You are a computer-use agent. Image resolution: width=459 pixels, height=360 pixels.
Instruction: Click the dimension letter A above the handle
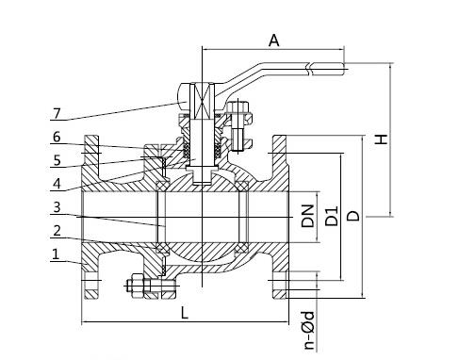coord(274,41)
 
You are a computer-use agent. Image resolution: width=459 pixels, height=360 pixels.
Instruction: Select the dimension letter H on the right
coord(382,139)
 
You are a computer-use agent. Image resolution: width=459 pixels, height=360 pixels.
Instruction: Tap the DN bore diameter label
coord(307,216)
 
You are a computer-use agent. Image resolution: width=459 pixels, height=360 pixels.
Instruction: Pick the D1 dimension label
coord(332,216)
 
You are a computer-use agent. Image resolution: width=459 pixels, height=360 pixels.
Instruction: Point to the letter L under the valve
coord(184,313)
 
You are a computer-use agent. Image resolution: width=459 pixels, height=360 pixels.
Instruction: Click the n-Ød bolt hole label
coord(309,331)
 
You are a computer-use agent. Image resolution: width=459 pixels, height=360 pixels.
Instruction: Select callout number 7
coord(57,113)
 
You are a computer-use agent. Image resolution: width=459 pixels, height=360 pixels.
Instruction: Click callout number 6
coord(57,137)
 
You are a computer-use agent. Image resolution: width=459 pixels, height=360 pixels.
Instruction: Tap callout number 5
coord(57,160)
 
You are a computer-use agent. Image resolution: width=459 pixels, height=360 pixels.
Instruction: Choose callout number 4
coord(57,184)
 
